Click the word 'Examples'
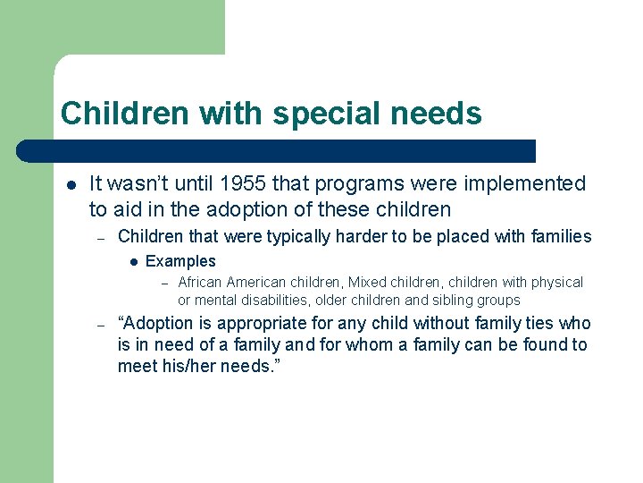(180, 261)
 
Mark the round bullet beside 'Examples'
(131, 262)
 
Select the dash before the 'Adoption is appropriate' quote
(103, 325)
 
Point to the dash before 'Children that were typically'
(103, 237)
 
